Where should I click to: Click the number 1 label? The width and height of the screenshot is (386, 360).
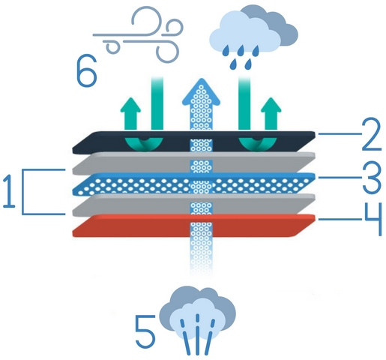(9, 191)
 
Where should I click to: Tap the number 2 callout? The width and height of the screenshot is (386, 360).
(372, 134)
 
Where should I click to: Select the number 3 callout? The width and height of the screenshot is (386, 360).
(372, 178)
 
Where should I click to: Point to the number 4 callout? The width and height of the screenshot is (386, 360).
(373, 219)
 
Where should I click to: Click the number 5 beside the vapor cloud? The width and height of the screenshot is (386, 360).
(145, 331)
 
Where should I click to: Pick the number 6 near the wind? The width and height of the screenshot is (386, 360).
(86, 70)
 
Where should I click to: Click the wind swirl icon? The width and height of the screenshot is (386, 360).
(138, 34)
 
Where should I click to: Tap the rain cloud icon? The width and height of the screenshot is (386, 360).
(253, 37)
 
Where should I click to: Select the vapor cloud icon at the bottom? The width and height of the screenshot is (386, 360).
(198, 320)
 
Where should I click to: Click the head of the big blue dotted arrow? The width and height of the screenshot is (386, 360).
(201, 92)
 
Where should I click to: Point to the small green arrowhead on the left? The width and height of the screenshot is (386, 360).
(130, 105)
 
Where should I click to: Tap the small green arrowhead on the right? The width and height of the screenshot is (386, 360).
(271, 105)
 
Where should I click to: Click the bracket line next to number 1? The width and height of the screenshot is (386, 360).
(23, 192)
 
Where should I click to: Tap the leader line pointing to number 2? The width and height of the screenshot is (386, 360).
(340, 134)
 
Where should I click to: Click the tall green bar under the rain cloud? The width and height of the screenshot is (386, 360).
(244, 103)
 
